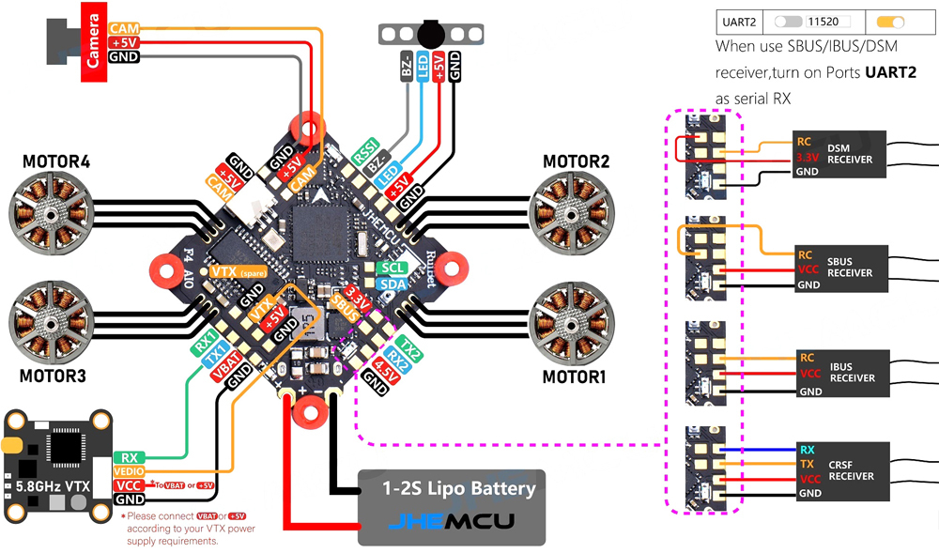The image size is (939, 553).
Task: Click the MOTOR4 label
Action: pos(56,162)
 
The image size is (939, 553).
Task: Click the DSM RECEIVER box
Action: pos(839,153)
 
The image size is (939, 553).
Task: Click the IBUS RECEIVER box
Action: pos(839,374)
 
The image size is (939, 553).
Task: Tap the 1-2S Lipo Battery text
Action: pos(458,488)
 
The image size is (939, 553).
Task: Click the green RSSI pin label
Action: pos(363,151)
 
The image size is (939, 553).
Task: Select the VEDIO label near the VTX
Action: pos(130,471)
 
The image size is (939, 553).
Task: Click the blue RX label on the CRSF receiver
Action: pos(807,450)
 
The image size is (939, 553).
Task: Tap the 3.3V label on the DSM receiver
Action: pos(808,158)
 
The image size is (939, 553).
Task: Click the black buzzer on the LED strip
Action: pos(430,33)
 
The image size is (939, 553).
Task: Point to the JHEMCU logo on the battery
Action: pos(453,523)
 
